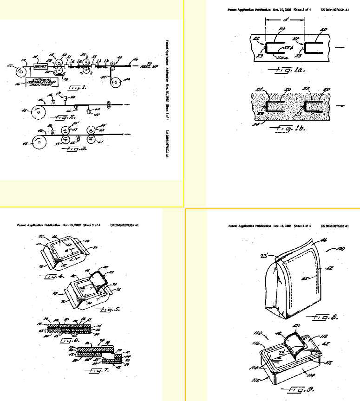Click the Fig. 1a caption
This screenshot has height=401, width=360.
(x=284, y=71)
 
